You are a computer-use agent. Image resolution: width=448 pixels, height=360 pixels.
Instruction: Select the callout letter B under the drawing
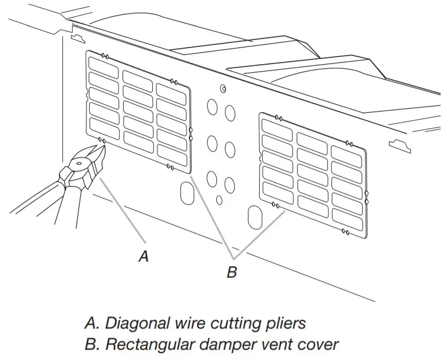(232, 272)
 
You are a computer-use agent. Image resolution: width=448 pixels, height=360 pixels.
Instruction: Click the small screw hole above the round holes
(223, 88)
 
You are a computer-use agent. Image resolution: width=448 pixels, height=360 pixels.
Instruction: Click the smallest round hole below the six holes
(219, 200)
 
